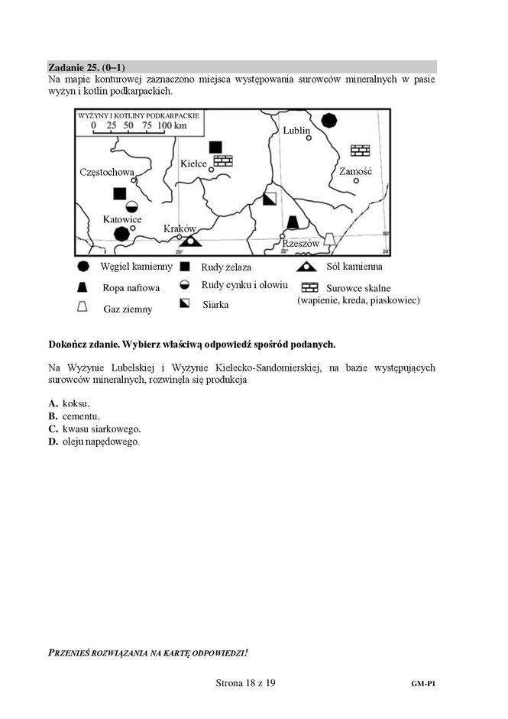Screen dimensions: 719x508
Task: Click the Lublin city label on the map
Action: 296,131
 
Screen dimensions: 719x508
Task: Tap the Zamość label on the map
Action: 355,171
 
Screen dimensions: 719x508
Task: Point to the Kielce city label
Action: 194,164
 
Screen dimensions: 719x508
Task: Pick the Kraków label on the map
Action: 180,228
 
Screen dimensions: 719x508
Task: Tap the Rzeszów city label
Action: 300,243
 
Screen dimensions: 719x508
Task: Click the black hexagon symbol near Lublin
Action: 328,120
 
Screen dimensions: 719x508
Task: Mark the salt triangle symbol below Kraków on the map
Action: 190,240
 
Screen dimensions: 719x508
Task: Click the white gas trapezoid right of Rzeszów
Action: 328,239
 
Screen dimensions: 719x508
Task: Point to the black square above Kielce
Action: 215,147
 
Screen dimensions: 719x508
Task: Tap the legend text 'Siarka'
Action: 216,304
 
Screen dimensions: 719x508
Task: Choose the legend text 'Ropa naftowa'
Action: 131,288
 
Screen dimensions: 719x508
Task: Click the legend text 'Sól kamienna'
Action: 354,267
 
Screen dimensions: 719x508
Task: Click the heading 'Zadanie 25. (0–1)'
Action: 86,67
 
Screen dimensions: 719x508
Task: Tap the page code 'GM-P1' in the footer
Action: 422,685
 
